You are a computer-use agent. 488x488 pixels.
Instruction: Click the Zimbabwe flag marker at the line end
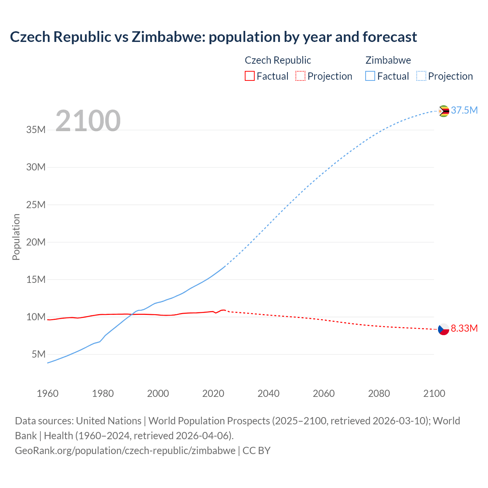(443, 111)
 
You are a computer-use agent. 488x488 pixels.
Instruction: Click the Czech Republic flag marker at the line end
(443, 329)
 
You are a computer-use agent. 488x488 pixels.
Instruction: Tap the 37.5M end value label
(464, 111)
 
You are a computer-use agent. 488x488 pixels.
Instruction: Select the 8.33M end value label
(464, 329)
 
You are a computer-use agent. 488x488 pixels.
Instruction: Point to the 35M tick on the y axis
(36, 130)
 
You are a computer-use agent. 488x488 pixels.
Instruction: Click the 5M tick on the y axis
(39, 355)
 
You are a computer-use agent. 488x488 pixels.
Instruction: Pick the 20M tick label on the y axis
(36, 242)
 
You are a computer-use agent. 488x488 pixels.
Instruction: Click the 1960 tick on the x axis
(48, 393)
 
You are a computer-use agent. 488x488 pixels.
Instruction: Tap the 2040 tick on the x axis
(268, 393)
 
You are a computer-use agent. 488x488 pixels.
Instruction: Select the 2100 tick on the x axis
(434, 393)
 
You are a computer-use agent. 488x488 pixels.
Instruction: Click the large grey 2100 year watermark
(88, 121)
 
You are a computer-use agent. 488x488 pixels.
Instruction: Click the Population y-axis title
(16, 237)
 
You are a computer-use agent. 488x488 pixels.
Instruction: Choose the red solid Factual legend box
(249, 76)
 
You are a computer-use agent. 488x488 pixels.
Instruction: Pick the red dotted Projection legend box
(300, 76)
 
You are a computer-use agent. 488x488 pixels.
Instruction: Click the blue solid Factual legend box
(370, 76)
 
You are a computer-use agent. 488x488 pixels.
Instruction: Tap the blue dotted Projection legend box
(421, 76)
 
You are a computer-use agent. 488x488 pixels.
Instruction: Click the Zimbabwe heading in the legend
(388, 60)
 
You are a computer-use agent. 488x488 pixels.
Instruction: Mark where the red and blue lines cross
(132, 314)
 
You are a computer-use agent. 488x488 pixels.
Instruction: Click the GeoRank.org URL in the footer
(125, 451)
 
